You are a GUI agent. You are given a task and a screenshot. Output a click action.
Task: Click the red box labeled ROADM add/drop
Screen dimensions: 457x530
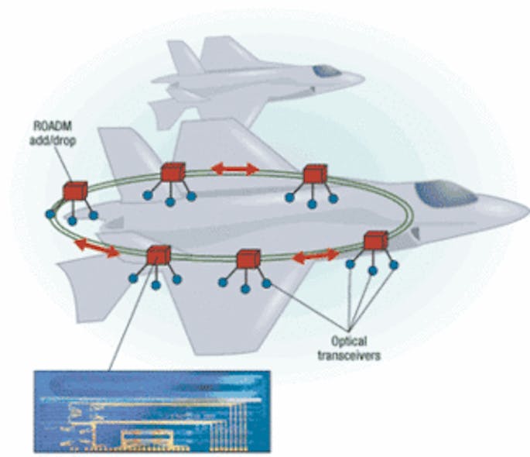pos(74,191)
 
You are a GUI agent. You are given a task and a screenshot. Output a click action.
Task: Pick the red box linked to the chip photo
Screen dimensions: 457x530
pos(159,254)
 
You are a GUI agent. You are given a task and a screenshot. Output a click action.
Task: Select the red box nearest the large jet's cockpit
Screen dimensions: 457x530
pos(375,240)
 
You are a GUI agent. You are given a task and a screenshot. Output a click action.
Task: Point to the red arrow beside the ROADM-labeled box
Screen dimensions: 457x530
pos(97,248)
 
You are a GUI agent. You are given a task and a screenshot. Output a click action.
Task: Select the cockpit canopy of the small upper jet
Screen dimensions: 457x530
pos(327,71)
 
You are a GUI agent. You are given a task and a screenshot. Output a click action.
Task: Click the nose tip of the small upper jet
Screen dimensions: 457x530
pos(361,77)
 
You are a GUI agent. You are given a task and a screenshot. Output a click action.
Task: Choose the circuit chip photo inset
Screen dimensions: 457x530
pos(153,410)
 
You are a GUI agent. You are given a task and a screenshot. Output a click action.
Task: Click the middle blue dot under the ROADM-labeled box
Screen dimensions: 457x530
pos(72,221)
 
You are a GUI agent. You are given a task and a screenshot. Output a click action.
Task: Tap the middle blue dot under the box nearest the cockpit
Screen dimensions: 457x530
pos(372,270)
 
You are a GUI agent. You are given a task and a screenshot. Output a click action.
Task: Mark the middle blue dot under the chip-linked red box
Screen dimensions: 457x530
pos(156,285)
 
